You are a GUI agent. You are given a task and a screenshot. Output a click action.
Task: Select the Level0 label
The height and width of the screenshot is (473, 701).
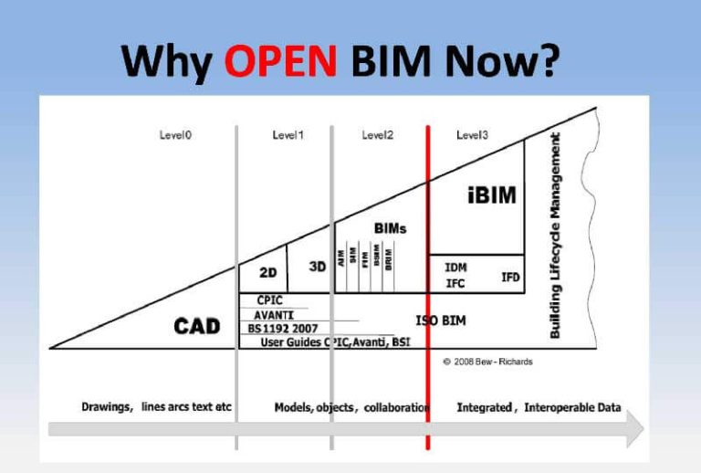click(x=174, y=135)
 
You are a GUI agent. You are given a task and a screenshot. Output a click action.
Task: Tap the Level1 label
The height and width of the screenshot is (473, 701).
click(x=288, y=135)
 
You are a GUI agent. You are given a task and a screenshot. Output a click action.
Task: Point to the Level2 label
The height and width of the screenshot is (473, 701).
click(x=377, y=135)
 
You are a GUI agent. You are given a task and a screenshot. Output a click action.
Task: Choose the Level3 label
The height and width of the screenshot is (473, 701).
click(x=472, y=135)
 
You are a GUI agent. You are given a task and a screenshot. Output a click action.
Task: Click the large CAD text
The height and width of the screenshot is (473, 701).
click(x=197, y=326)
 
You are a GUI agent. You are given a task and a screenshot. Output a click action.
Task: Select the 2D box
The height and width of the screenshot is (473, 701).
click(x=267, y=273)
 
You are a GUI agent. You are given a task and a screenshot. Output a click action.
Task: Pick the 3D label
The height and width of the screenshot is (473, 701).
click(x=318, y=267)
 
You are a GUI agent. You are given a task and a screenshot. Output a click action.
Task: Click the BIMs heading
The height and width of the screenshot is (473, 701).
click(x=390, y=227)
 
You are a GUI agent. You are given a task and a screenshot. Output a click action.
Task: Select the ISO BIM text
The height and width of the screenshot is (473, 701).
click(x=441, y=321)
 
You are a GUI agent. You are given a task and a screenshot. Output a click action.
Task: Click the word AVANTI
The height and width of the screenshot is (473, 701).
click(x=273, y=314)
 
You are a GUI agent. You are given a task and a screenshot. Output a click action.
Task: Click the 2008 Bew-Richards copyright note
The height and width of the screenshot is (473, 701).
click(x=487, y=362)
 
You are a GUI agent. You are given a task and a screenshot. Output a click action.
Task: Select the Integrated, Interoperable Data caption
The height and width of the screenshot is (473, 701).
click(x=539, y=407)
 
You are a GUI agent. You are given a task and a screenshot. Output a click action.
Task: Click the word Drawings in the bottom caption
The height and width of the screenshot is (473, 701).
click(x=106, y=407)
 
